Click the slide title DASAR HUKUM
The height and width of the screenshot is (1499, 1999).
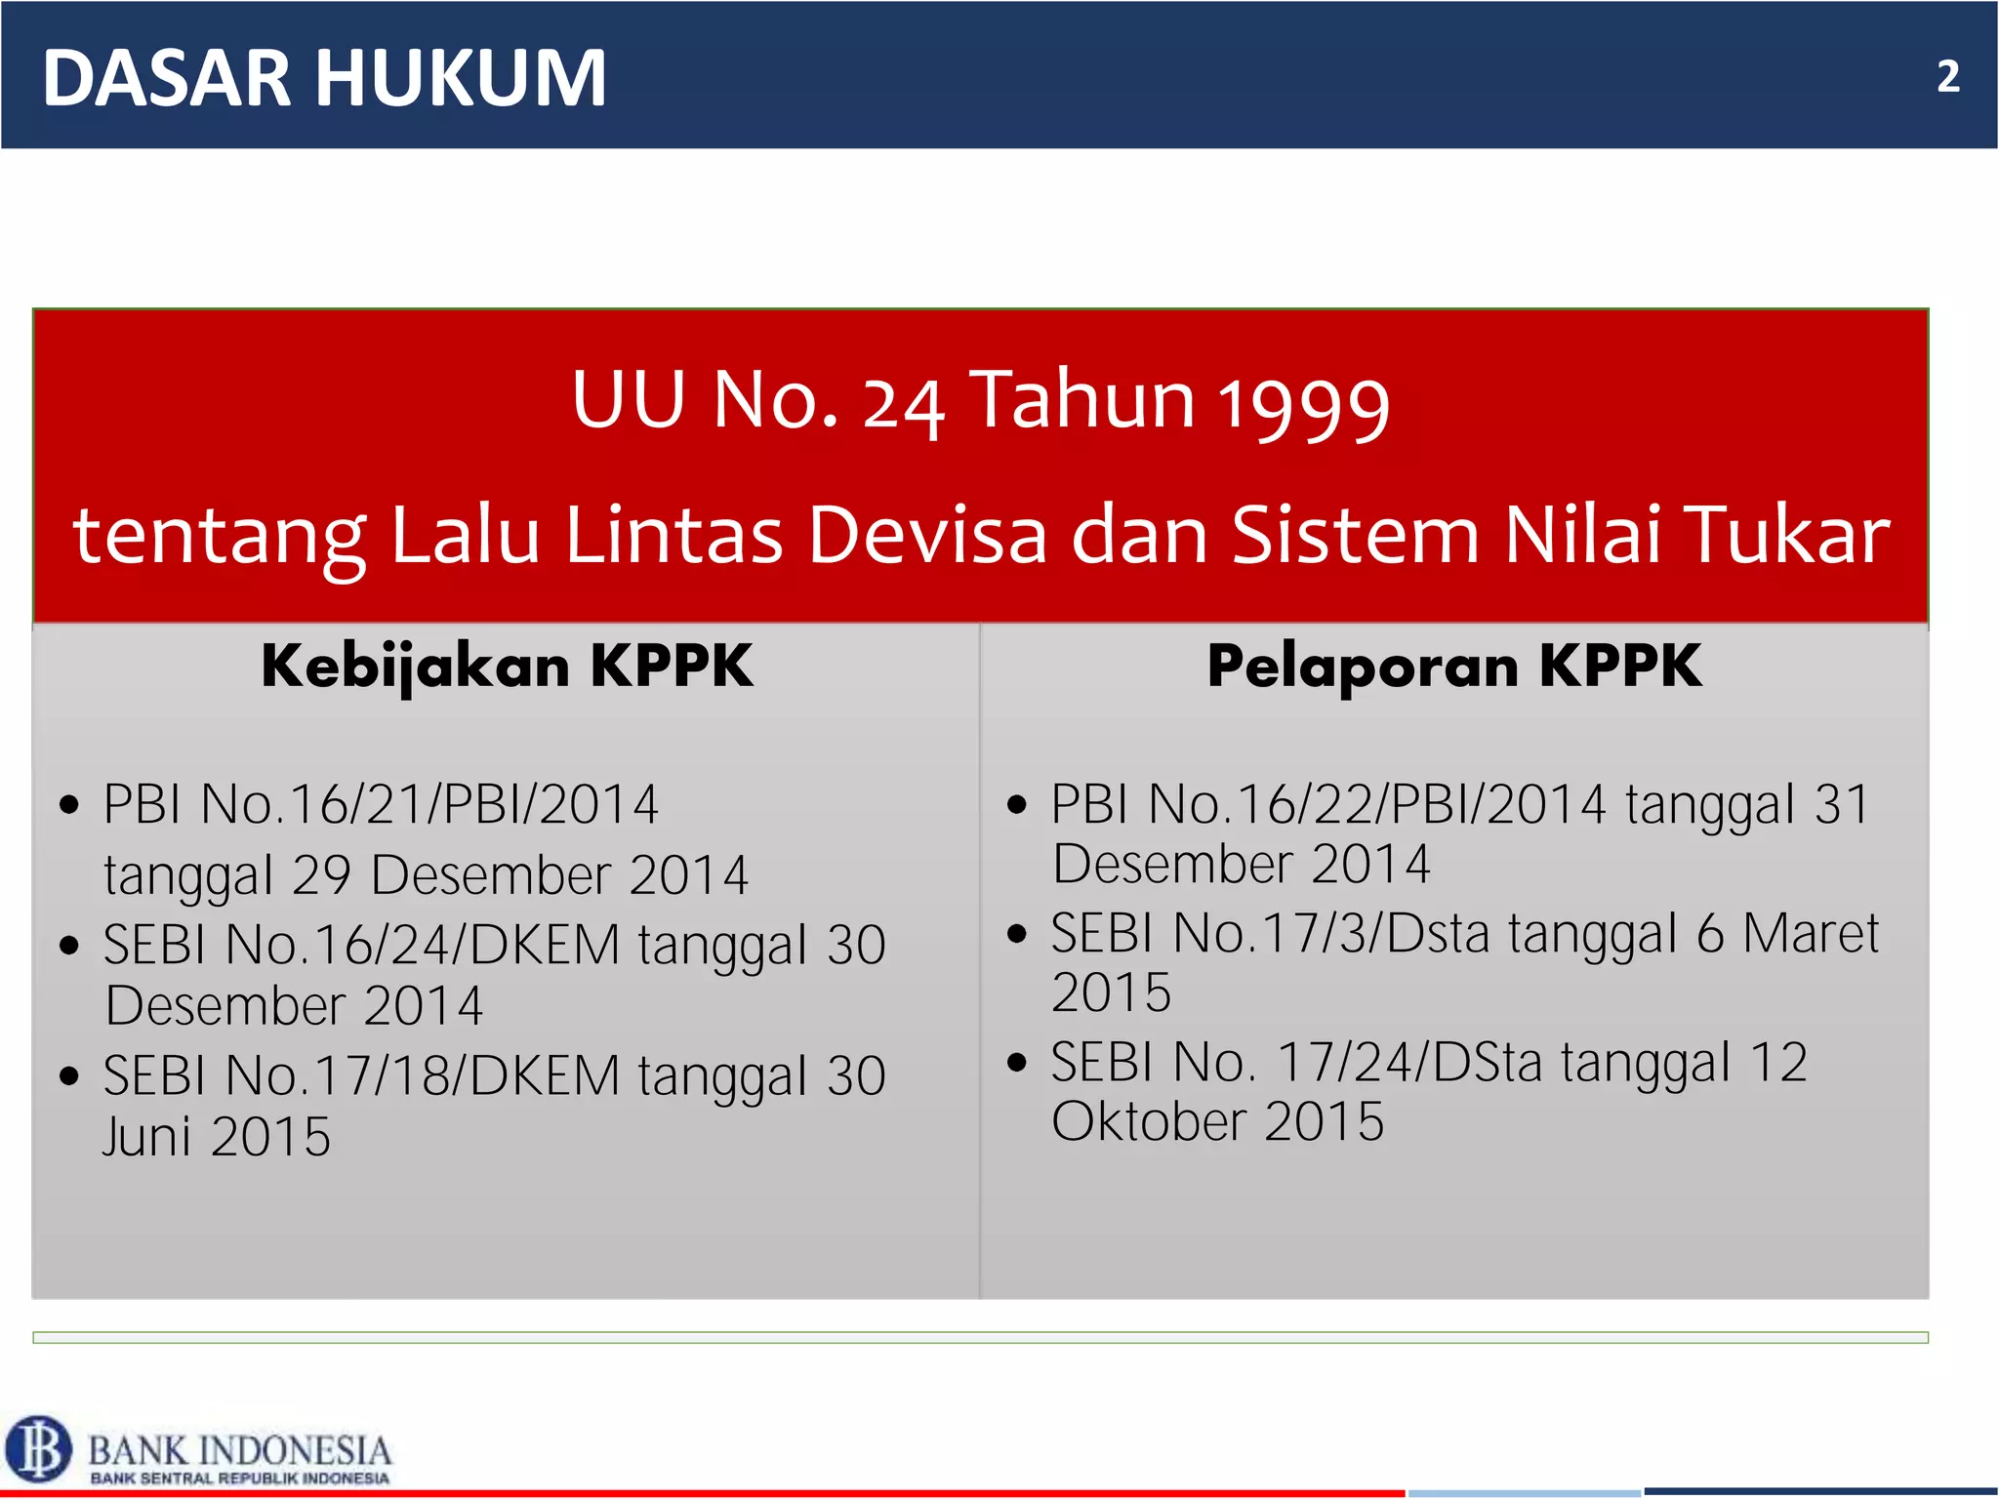click(324, 78)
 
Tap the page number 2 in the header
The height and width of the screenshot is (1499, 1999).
click(1947, 77)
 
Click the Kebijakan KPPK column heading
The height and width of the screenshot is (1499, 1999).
click(507, 667)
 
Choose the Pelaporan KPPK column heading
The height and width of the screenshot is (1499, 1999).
click(1454, 667)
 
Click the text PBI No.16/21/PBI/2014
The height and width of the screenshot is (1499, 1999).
click(381, 805)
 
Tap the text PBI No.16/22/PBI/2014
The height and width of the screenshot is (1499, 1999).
click(1327, 805)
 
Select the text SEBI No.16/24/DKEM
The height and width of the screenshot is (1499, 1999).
click(362, 945)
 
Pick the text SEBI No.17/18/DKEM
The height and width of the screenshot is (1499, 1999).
click(362, 1075)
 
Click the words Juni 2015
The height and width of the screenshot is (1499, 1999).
click(217, 1137)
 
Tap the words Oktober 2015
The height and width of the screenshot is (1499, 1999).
click(1217, 1121)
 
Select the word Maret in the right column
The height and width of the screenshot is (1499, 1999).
click(1811, 933)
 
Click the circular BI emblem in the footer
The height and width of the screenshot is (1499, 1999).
click(39, 1448)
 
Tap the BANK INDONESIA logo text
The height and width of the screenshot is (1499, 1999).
click(240, 1450)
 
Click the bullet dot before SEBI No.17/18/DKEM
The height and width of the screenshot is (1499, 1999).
click(68, 1077)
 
